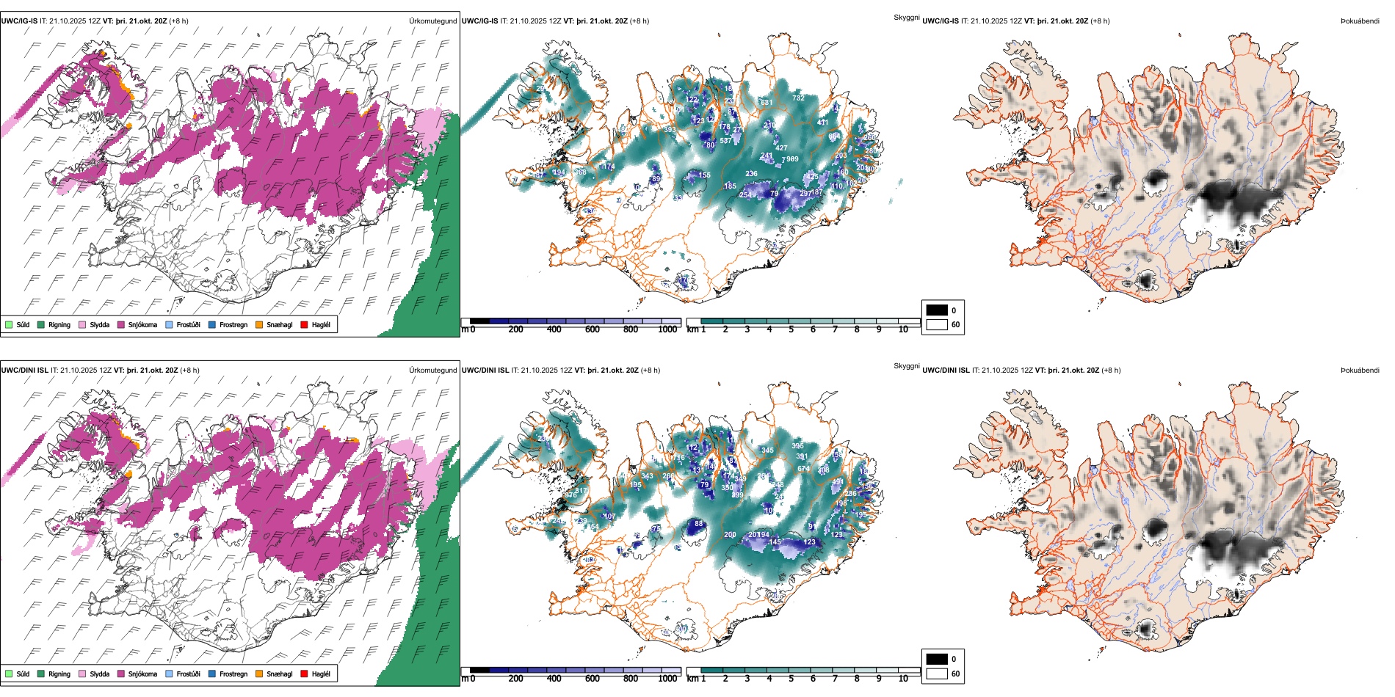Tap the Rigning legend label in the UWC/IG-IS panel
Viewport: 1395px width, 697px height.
[x=59, y=324]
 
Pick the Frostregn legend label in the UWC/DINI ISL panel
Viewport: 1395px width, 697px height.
[x=233, y=674]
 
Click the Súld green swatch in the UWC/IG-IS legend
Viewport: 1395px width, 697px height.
[x=9, y=324]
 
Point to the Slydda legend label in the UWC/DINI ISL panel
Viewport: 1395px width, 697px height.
[x=100, y=674]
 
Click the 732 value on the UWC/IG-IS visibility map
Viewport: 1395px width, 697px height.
[x=798, y=98]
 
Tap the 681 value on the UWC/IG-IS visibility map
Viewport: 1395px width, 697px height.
[x=766, y=103]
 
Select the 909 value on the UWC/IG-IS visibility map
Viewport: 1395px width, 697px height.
[x=792, y=159]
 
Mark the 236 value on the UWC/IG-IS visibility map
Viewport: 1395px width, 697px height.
[x=751, y=174]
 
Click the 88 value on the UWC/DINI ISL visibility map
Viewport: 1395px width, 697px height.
[x=699, y=524]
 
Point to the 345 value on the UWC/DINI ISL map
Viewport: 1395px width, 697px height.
[x=767, y=450]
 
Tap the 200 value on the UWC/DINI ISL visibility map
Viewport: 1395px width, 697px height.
[x=730, y=535]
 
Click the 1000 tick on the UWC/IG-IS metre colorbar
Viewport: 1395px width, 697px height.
[x=667, y=329]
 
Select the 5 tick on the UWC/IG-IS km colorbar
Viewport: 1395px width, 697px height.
[x=791, y=329]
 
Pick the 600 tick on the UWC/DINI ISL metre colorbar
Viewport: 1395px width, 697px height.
[x=593, y=679]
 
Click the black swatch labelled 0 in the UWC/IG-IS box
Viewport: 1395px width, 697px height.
[x=937, y=310]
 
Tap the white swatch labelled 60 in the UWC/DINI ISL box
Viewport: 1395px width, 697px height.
[x=937, y=674]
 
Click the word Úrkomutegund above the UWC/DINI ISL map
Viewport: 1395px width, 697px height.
[x=432, y=370]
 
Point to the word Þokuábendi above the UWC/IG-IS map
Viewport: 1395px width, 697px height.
[x=1360, y=21]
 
